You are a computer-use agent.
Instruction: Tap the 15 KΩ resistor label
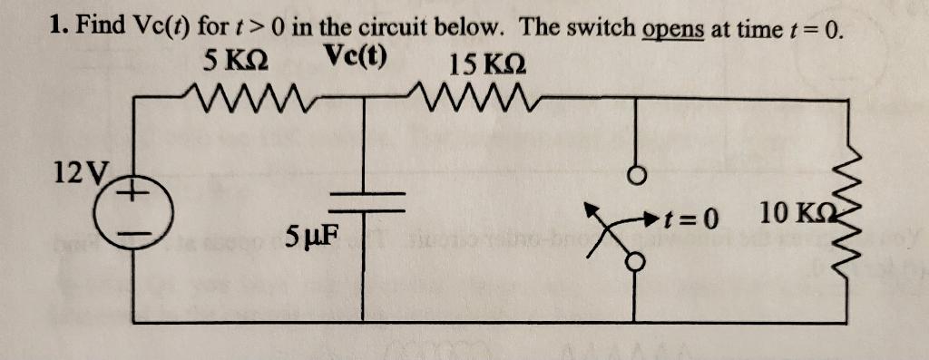[485, 64]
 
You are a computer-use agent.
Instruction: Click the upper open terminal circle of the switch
[638, 174]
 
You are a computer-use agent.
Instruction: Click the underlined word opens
[674, 27]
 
